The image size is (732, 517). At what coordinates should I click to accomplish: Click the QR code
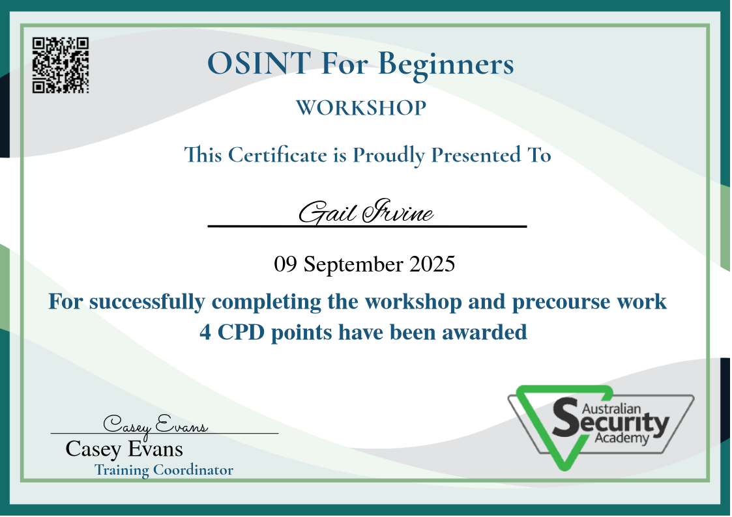[60, 65]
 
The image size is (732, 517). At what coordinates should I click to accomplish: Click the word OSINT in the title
[259, 63]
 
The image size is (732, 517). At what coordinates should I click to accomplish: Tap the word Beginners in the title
[446, 65]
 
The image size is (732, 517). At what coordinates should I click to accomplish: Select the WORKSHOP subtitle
[361, 107]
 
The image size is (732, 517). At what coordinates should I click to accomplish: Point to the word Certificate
[277, 155]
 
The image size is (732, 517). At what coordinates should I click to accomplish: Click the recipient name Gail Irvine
[366, 212]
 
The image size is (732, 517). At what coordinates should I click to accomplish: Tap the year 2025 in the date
[432, 264]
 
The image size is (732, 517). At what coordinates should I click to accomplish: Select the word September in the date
[353, 265]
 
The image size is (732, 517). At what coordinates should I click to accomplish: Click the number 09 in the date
[285, 264]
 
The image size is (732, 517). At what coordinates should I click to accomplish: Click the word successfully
[147, 303]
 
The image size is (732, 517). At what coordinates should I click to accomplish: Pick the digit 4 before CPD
[205, 332]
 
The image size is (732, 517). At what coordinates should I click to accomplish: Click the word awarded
[484, 332]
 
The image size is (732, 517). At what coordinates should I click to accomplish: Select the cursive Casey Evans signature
[155, 425]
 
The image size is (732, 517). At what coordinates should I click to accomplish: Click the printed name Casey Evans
[124, 449]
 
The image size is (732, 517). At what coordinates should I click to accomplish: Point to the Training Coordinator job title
[164, 470]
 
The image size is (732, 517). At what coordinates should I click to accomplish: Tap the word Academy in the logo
[622, 438]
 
